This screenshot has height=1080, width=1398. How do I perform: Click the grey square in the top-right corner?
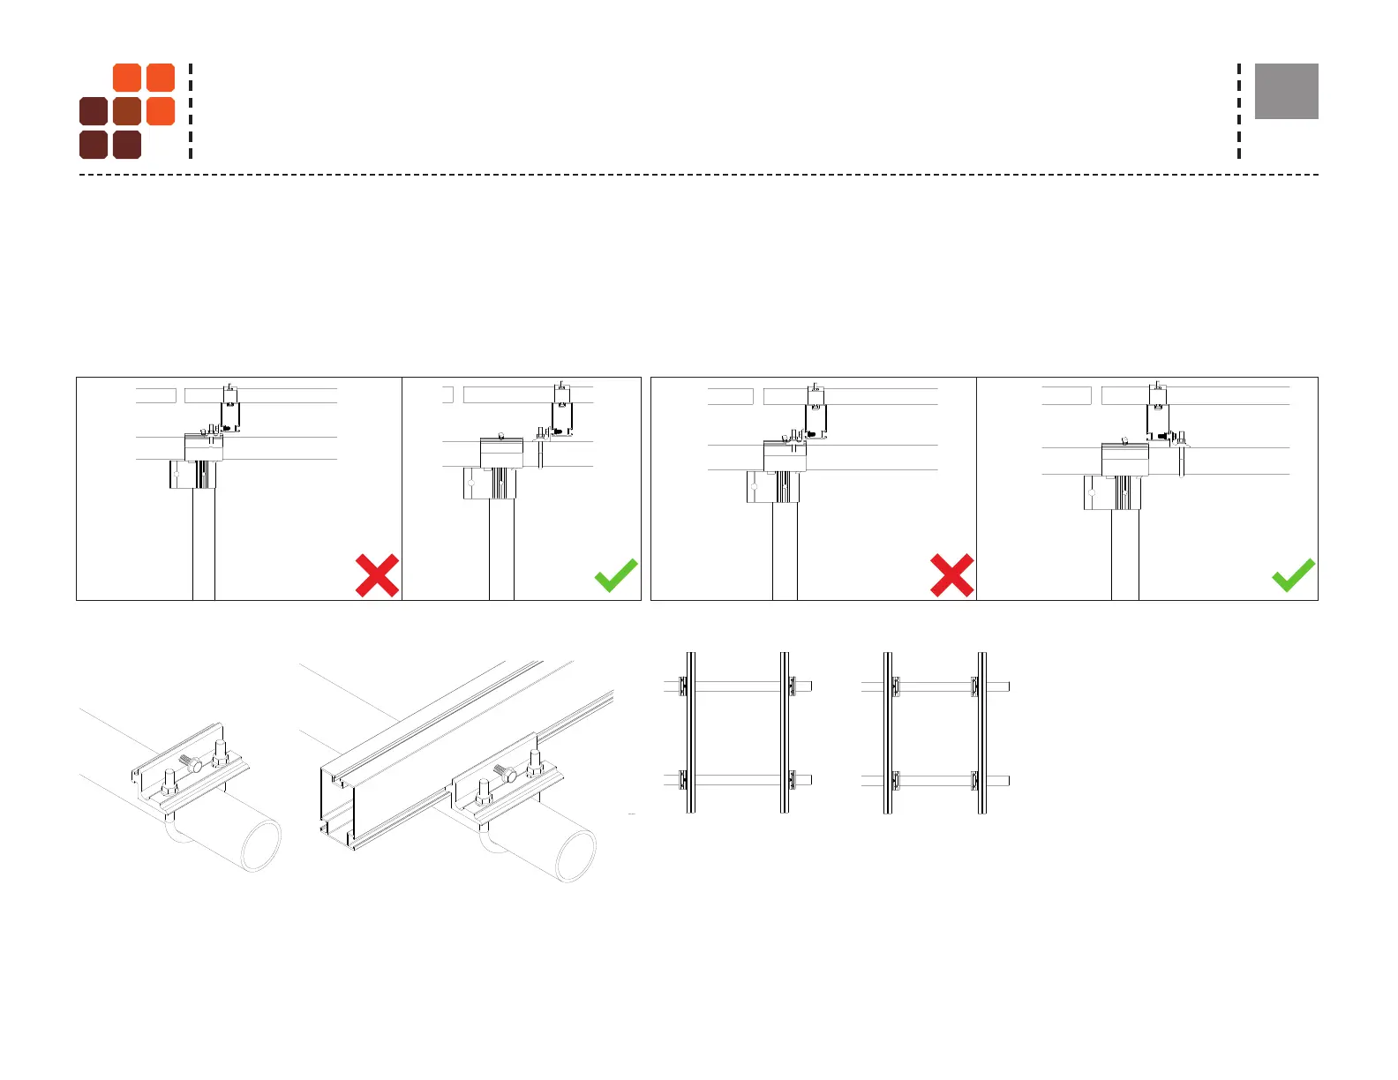(1286, 91)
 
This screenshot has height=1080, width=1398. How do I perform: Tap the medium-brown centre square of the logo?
(127, 111)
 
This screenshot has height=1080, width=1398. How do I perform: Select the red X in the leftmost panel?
(377, 575)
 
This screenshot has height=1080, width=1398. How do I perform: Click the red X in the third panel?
(951, 575)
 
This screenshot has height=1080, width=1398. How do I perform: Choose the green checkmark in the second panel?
(616, 575)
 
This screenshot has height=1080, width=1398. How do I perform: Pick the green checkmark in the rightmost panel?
(1293, 575)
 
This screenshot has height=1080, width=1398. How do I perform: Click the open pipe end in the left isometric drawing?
(261, 844)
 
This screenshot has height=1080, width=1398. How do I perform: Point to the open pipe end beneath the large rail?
(575, 856)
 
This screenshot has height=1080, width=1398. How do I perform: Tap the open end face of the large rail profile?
(336, 807)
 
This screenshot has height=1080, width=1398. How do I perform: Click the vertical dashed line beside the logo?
(191, 111)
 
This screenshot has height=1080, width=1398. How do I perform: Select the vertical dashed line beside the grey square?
(1239, 111)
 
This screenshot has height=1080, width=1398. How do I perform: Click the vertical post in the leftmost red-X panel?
(204, 547)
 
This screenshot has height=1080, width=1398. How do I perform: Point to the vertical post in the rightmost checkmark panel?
(1124, 556)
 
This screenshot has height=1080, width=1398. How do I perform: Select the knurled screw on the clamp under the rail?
(506, 774)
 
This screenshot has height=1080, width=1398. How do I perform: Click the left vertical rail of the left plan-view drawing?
(690, 732)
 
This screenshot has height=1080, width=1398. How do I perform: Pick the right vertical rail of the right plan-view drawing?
(981, 732)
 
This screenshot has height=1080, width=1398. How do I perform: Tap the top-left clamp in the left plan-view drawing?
(682, 686)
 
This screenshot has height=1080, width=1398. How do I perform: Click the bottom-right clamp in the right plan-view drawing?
(974, 780)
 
